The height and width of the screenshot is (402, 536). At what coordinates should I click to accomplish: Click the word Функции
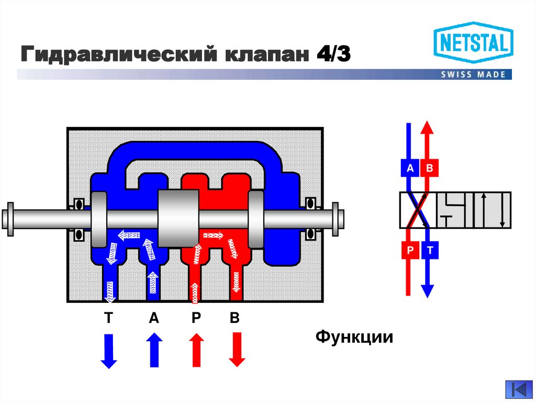coord(354,336)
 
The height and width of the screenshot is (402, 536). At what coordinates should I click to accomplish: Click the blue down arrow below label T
coord(108,351)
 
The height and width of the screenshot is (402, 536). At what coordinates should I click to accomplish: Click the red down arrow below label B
coord(237,350)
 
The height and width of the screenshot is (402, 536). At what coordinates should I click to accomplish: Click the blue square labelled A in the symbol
coord(410,168)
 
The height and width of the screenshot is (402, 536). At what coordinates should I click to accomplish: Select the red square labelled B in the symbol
coord(429,168)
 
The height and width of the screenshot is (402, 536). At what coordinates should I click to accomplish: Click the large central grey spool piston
coord(178,218)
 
